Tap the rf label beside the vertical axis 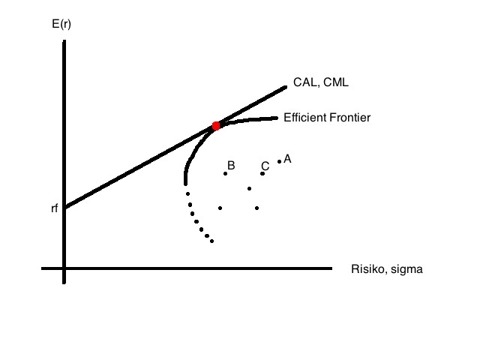[54, 208]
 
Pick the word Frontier [352, 118]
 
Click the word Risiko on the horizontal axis [367, 268]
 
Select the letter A [287, 158]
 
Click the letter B [231, 165]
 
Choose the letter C [265, 166]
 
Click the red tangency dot [216, 126]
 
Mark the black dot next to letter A [279, 161]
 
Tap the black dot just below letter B [225, 174]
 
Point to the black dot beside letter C [262, 174]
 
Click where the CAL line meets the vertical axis [64, 207]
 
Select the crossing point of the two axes [64, 268]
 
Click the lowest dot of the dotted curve [212, 241]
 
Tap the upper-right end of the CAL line [286, 87]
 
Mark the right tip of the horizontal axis [330, 268]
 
